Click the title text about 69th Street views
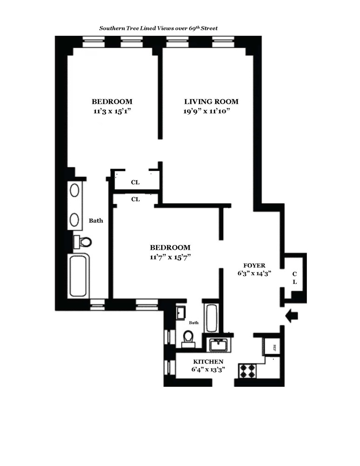(x=158, y=28)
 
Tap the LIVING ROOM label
(x=211, y=102)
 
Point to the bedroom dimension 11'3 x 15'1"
(x=112, y=111)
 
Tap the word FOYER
(x=254, y=265)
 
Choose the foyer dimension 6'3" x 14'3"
(x=254, y=274)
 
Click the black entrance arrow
(x=292, y=317)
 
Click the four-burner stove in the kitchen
(x=248, y=371)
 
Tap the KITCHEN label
(x=208, y=362)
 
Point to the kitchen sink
(x=217, y=345)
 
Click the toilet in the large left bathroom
(x=84, y=242)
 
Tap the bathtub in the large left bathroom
(x=78, y=275)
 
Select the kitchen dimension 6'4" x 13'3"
(x=208, y=370)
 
